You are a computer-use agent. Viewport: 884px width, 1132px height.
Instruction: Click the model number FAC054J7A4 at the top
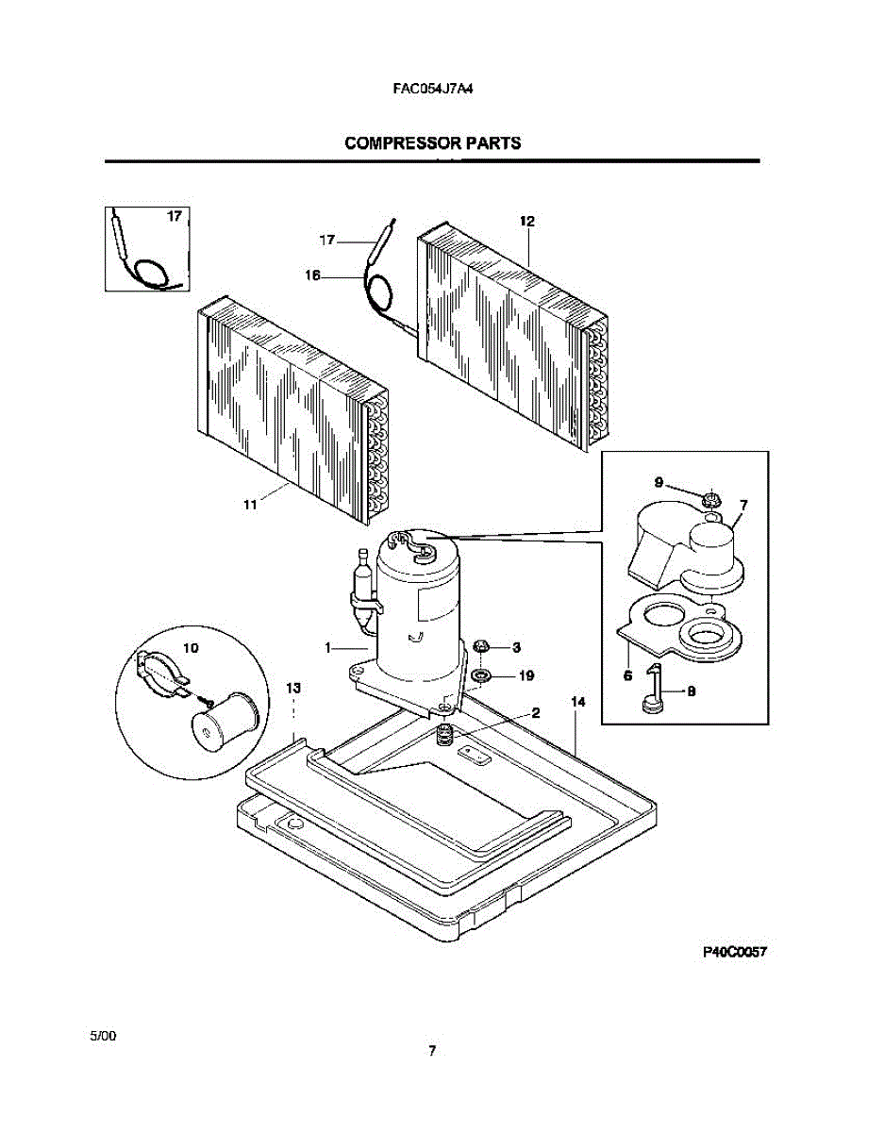432,91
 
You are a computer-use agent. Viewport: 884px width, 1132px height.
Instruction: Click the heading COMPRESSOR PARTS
432,143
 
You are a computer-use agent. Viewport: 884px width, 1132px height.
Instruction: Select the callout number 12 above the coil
526,221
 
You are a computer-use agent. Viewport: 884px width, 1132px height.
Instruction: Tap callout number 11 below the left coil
250,506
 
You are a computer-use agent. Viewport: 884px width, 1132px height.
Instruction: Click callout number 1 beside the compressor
327,648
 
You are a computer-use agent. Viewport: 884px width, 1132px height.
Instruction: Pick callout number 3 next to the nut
516,647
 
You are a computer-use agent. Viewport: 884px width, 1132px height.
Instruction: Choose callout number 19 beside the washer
526,675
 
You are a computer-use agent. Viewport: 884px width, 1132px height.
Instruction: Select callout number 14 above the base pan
577,702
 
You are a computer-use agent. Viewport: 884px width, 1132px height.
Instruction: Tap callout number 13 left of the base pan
293,688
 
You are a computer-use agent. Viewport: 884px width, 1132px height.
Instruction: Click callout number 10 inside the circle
191,648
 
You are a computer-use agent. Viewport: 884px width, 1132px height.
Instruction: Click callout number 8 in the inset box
691,691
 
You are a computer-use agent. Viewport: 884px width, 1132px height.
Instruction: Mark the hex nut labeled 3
481,647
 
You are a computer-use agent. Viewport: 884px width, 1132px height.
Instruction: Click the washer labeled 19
482,675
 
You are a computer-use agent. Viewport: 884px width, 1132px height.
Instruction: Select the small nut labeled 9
710,496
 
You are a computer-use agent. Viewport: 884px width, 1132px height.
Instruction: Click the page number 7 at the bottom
431,1051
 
